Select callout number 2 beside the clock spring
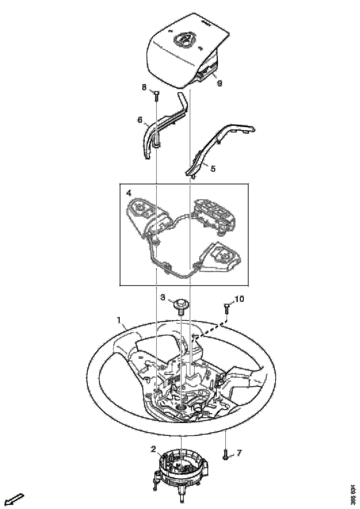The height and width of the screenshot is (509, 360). pyautogui.click(x=154, y=449)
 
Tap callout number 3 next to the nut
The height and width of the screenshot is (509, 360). pyautogui.click(x=163, y=297)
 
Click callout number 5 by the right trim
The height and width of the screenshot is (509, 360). pyautogui.click(x=212, y=169)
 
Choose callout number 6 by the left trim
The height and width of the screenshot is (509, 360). pyautogui.click(x=140, y=120)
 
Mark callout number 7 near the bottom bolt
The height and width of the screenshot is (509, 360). pyautogui.click(x=239, y=453)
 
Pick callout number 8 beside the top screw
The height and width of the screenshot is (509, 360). pyautogui.click(x=145, y=87)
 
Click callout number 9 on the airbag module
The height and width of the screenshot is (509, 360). pyautogui.click(x=219, y=83)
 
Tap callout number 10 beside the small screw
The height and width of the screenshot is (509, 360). pyautogui.click(x=239, y=299)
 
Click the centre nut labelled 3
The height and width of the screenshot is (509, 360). pyautogui.click(x=181, y=306)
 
